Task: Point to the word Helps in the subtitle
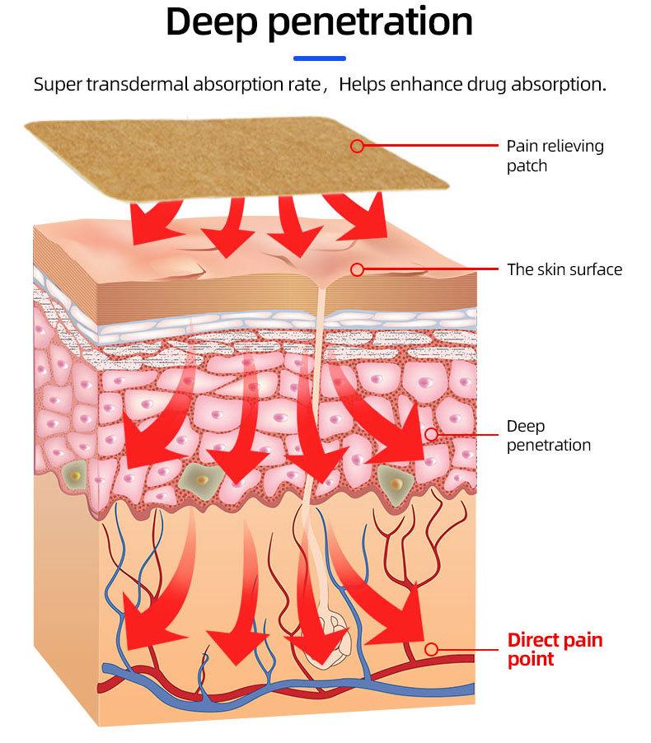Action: tap(362, 85)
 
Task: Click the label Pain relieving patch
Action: tap(555, 156)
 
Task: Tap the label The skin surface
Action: tap(564, 269)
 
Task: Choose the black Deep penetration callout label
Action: tap(548, 436)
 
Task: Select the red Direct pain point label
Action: tap(555, 649)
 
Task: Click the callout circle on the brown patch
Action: tap(357, 146)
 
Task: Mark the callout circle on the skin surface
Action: tap(357, 269)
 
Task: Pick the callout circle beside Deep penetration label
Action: tap(430, 434)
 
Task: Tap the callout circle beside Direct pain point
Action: tap(430, 649)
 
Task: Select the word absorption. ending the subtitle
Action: tap(560, 85)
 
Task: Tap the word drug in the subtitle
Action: tap(481, 85)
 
